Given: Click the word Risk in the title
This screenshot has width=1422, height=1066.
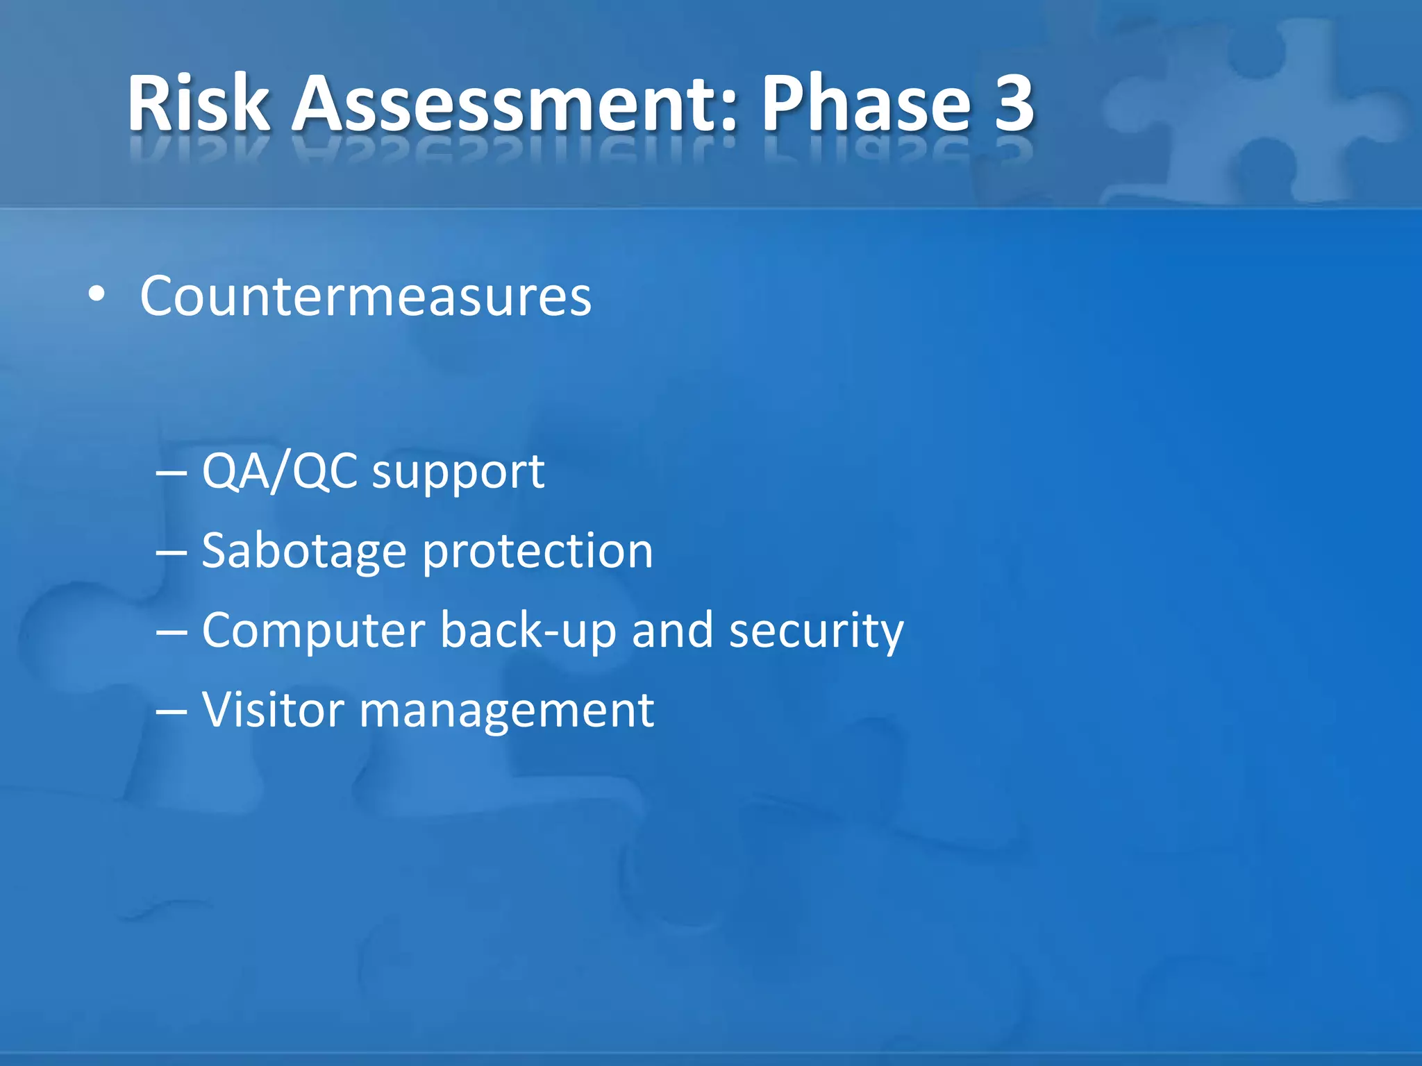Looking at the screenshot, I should [x=199, y=103].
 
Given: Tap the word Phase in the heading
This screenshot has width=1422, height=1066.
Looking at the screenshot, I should [x=865, y=103].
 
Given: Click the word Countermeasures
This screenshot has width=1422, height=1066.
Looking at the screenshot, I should [x=365, y=296].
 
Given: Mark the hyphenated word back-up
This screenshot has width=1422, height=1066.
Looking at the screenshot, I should [x=528, y=632].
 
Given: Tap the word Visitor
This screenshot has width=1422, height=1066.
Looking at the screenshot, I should [x=273, y=710].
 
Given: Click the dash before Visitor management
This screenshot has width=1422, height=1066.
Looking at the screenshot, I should [x=172, y=712].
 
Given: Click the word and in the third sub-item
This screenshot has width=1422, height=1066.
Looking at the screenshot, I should [x=672, y=630].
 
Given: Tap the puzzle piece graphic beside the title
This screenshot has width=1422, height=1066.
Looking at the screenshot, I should [x=1250, y=111].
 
